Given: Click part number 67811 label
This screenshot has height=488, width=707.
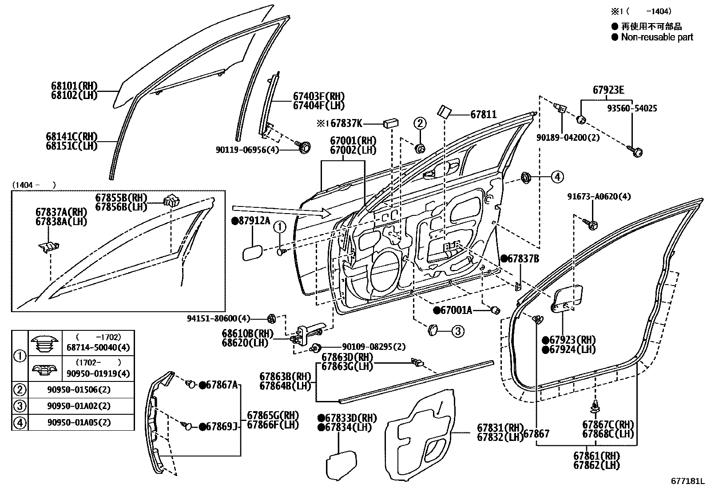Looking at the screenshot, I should click(x=483, y=115).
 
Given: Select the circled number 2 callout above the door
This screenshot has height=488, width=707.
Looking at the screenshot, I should click(x=420, y=123).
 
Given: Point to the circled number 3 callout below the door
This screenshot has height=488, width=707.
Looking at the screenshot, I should click(x=458, y=331).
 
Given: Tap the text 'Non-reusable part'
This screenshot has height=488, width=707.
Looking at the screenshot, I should click(x=656, y=37).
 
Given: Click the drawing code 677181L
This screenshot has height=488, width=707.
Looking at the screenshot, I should click(x=687, y=481).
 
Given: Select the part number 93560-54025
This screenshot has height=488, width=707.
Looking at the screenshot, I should click(x=633, y=108).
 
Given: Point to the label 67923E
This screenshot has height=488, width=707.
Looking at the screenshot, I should click(x=608, y=91).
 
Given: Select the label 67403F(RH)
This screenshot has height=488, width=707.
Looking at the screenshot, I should click(x=318, y=96).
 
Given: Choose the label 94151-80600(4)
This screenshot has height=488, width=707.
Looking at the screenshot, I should click(x=218, y=318).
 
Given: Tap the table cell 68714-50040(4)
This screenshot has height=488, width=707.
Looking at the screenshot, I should click(x=98, y=348).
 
